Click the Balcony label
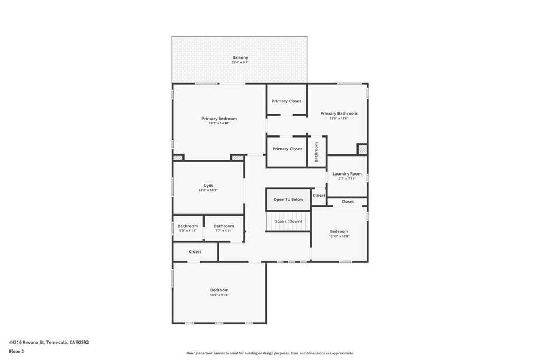[240, 58]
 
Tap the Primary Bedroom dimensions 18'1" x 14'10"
[219, 123]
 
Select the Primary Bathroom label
[339, 113]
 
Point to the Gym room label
[208, 186]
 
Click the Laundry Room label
[347, 174]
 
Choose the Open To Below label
[288, 199]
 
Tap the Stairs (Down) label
[288, 221]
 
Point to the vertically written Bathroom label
[316, 152]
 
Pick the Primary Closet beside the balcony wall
[286, 101]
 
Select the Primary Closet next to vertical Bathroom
[287, 149]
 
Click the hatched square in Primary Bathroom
[362, 149]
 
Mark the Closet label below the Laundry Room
[348, 202]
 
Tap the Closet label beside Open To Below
[319, 196]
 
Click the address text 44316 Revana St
[27, 342]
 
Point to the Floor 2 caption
[16, 352]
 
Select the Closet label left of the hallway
[195, 251]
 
